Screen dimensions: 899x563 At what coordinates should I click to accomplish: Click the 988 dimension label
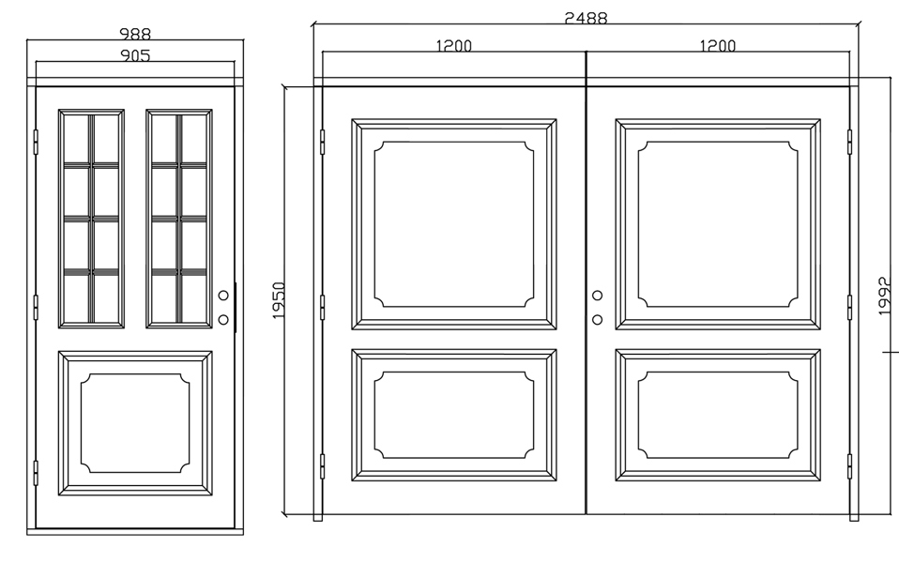click(135, 34)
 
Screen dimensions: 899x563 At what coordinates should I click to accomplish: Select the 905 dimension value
click(135, 55)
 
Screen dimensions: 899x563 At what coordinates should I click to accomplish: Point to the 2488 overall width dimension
click(586, 18)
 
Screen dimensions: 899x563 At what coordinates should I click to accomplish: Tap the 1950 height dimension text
click(278, 300)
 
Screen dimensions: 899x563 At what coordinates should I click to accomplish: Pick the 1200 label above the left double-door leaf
click(454, 45)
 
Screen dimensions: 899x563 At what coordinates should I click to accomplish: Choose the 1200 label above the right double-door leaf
click(718, 45)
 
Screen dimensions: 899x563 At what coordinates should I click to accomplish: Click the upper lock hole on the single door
click(223, 296)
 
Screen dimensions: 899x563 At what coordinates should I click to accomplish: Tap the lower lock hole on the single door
click(223, 319)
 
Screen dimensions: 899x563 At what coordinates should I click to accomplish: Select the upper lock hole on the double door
click(597, 296)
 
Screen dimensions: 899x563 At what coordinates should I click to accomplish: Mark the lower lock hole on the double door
click(597, 319)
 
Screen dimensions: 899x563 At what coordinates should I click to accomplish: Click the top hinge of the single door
click(36, 142)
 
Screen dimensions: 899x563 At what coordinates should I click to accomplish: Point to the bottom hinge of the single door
click(36, 473)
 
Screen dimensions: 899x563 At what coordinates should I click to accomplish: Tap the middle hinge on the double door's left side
click(322, 307)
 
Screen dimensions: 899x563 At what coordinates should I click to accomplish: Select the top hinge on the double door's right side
click(849, 142)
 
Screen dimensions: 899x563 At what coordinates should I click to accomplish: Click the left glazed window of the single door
click(91, 219)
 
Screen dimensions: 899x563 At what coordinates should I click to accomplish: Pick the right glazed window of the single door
click(179, 219)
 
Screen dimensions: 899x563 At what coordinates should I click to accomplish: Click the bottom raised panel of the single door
click(135, 423)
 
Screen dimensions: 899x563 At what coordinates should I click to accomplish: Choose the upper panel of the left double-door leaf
click(454, 224)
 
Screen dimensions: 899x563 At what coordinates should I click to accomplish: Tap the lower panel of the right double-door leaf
click(718, 415)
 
